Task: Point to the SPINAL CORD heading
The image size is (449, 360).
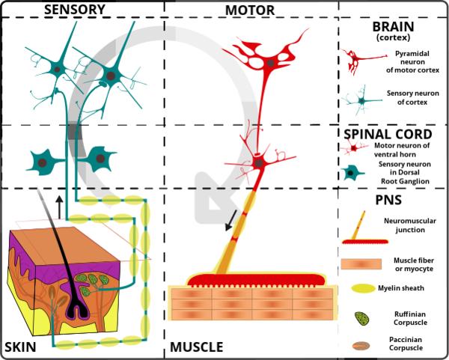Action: (392, 134)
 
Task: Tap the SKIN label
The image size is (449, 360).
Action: (20, 348)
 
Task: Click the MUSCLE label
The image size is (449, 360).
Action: (196, 348)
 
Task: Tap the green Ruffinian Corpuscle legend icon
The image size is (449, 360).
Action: (362, 318)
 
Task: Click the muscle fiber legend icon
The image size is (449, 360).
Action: (363, 263)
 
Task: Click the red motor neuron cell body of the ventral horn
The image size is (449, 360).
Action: (260, 162)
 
